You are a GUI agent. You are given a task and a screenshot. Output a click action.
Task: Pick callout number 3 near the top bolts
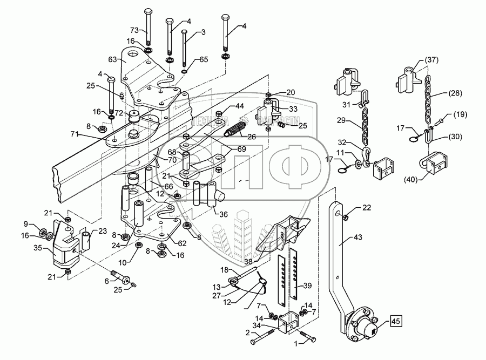[x=204, y=32]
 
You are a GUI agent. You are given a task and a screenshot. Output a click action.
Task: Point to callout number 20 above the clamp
[x=290, y=92]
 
